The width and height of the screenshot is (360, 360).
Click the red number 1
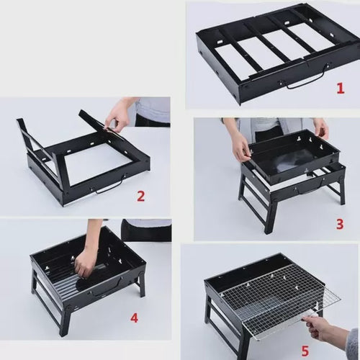341,89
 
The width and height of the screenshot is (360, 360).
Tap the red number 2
141,196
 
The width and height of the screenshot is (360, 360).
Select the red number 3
340,224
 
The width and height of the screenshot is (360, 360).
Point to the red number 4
134,318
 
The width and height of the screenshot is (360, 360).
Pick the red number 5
305,351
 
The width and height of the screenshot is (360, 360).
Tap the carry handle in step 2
110,186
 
